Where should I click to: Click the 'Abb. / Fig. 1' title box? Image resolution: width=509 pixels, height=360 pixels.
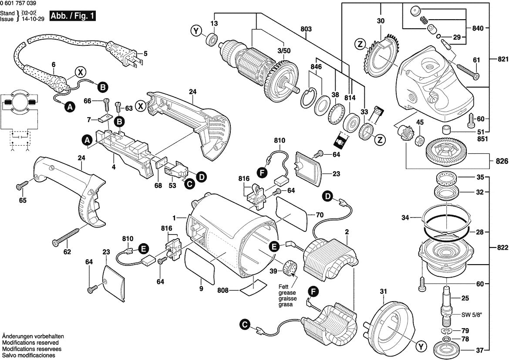click(x=72, y=17)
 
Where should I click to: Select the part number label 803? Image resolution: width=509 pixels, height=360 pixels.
click(x=306, y=29)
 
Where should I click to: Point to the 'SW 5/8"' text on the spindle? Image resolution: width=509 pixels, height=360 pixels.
click(x=472, y=315)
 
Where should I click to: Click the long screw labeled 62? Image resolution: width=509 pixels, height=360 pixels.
click(x=67, y=234)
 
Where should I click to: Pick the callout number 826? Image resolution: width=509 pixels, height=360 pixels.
click(x=502, y=162)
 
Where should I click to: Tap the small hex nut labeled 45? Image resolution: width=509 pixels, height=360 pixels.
click(x=420, y=141)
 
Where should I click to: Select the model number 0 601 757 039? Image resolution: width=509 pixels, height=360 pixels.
click(x=18, y=3)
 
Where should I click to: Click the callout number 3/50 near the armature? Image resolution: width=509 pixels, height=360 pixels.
click(x=284, y=51)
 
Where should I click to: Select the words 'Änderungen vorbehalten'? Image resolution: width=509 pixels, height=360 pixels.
click(x=33, y=337)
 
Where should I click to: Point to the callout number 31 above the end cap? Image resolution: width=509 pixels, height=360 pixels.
click(x=383, y=291)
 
